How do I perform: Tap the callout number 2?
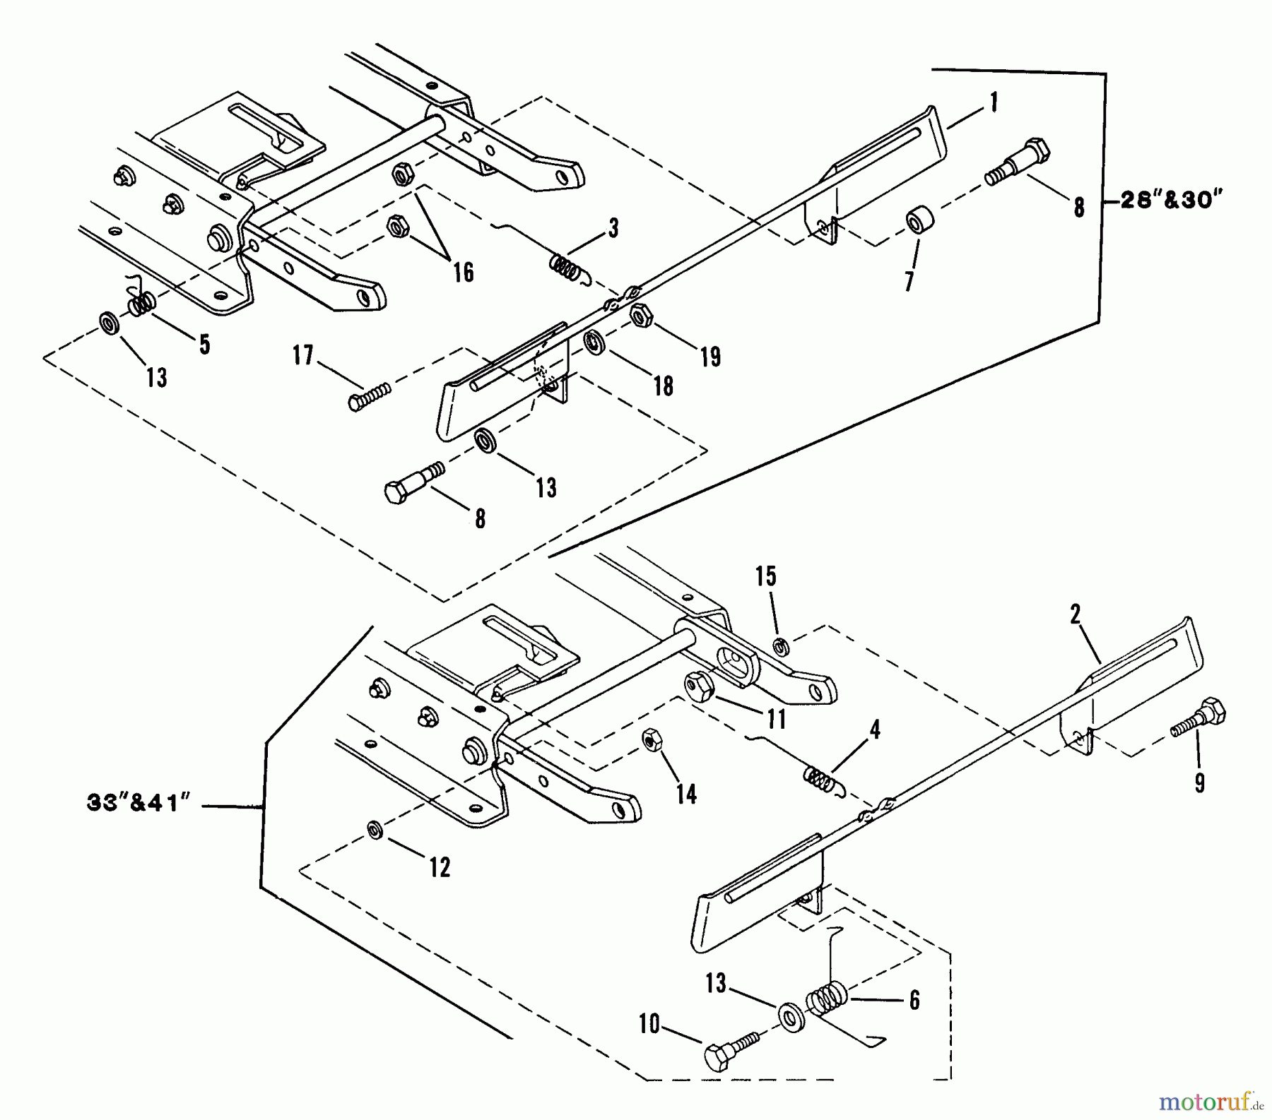[1075, 615]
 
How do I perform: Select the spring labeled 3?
[566, 267]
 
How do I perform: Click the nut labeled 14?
[650, 739]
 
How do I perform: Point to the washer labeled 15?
[781, 645]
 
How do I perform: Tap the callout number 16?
[463, 272]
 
